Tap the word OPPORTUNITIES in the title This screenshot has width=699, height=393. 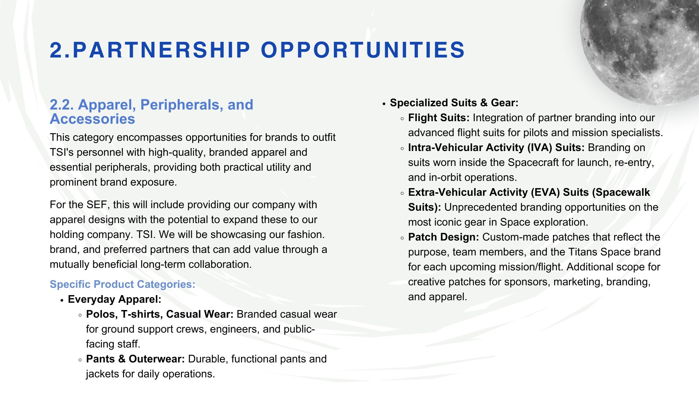pyautogui.click(x=363, y=50)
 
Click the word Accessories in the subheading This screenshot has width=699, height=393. pyautogui.click(x=92, y=119)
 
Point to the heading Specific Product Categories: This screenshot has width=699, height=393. pyautogui.click(x=122, y=284)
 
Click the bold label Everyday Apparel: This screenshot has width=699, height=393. pyautogui.click(x=114, y=299)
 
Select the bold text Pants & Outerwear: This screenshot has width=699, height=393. pyautogui.click(x=135, y=359)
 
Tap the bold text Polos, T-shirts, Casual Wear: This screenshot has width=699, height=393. pyautogui.click(x=160, y=314)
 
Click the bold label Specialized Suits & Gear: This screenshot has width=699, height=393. pyautogui.click(x=454, y=103)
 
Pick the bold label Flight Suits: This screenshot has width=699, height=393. pyautogui.click(x=439, y=118)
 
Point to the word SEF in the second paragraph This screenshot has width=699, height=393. pyautogui.click(x=96, y=205)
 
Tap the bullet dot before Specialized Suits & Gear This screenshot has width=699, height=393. pyautogui.click(x=384, y=104)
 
